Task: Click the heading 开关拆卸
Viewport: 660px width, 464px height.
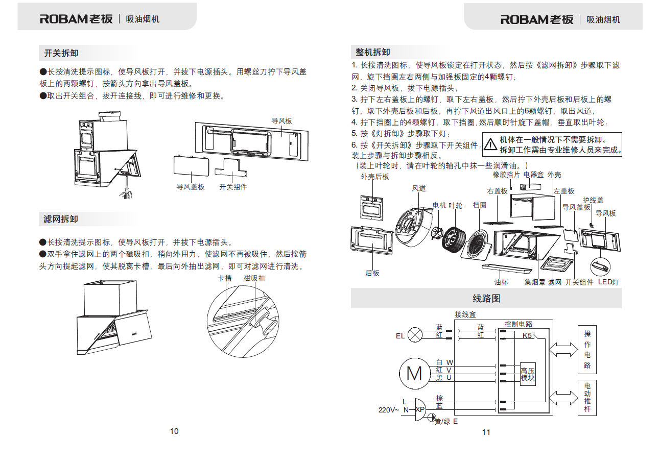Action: tap(61, 53)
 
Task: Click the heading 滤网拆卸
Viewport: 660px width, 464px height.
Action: tap(61, 219)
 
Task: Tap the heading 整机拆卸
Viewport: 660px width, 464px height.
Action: tap(373, 52)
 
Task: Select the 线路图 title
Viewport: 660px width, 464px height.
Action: tap(486, 299)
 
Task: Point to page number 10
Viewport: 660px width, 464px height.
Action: tap(174, 431)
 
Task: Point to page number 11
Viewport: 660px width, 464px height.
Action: tap(486, 432)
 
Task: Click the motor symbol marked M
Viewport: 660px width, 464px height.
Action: tap(414, 374)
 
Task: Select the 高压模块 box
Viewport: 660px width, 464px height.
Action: tap(528, 375)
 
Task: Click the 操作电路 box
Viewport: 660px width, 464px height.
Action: tap(587, 350)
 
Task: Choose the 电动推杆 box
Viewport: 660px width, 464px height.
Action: tap(587, 398)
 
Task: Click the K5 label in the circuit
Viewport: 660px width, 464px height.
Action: tap(527, 336)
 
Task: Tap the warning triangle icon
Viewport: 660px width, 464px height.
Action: tap(490, 144)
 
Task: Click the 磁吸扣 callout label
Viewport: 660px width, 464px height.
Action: tap(254, 278)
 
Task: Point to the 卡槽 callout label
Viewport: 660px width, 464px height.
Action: tap(225, 278)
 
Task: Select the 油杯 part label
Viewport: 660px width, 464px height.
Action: tap(501, 282)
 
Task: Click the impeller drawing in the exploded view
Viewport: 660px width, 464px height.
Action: tap(452, 239)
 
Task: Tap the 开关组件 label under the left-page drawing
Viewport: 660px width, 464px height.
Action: tap(233, 187)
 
